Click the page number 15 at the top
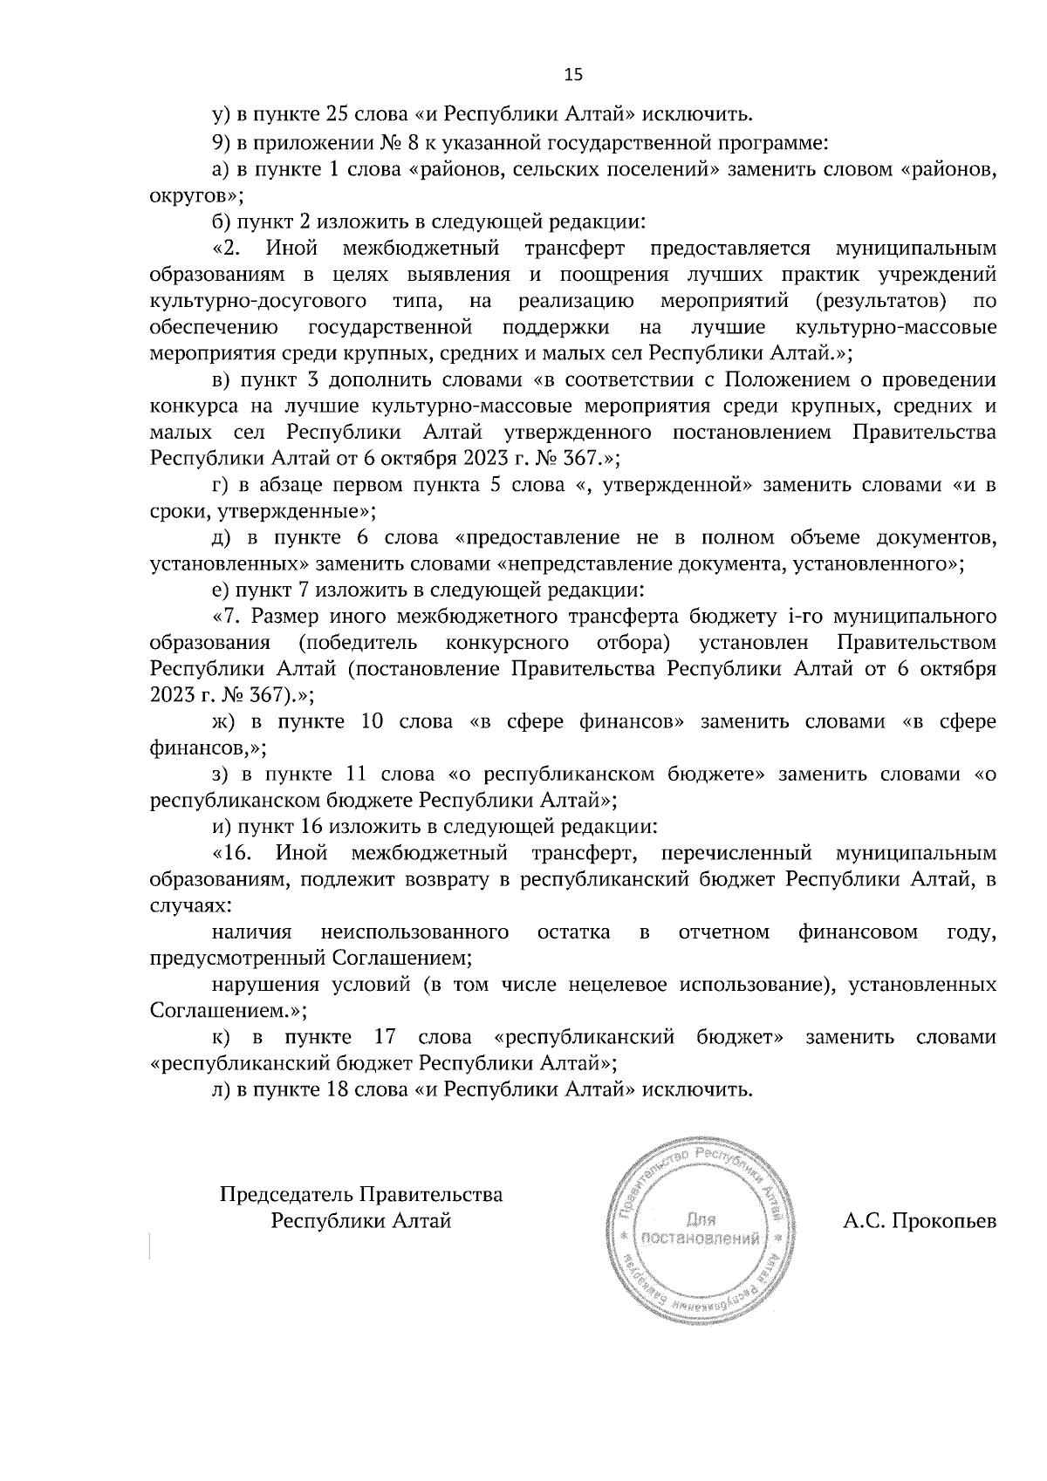click(x=573, y=75)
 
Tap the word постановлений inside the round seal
click(x=699, y=1238)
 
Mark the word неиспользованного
click(x=414, y=932)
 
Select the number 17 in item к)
click(x=386, y=1037)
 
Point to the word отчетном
click(x=723, y=932)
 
